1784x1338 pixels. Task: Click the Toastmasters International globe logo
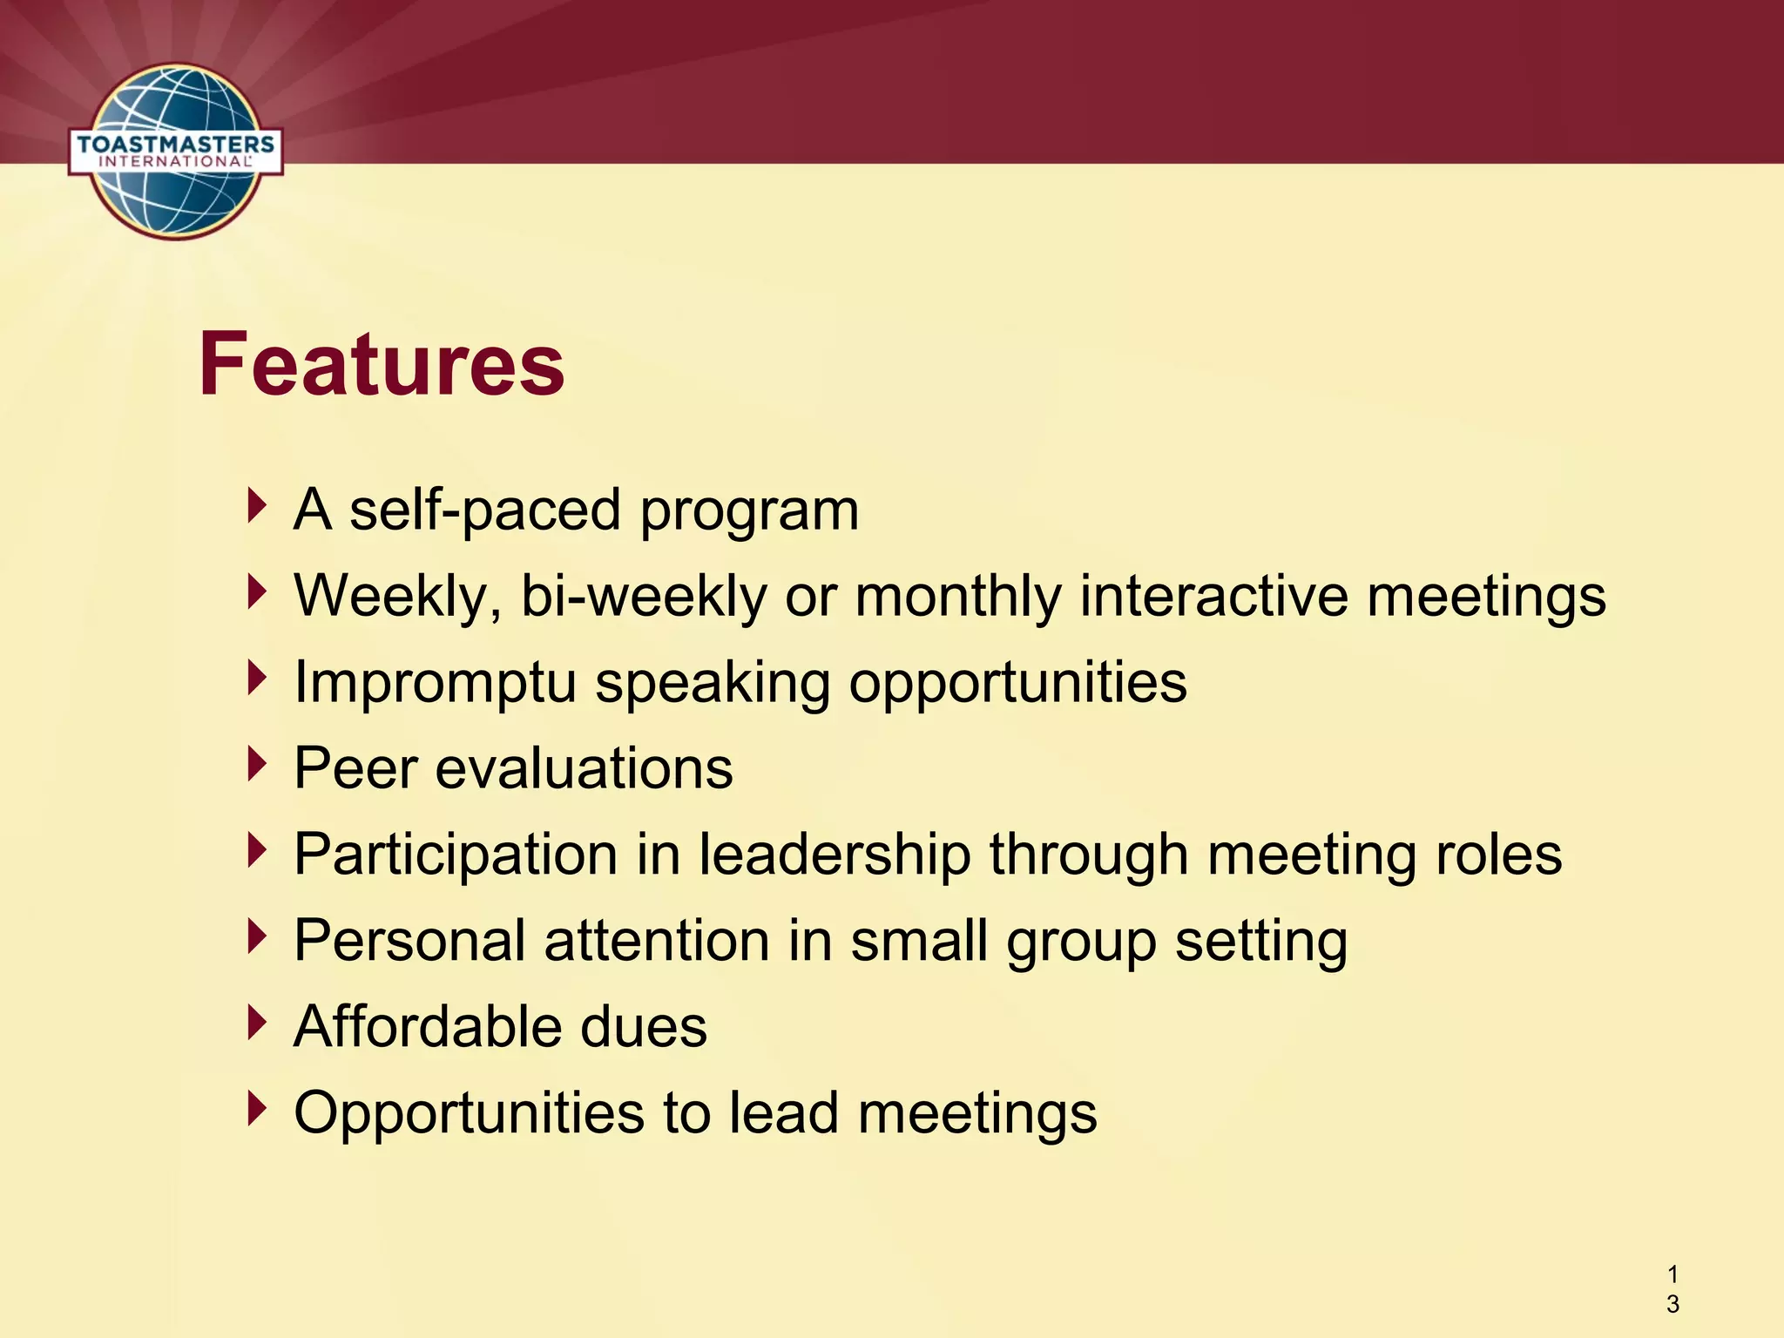[176, 152]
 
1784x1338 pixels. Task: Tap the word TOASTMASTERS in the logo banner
[176, 145]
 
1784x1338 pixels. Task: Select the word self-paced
[484, 510]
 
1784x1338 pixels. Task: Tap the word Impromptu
[436, 682]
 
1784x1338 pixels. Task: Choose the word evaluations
[584, 768]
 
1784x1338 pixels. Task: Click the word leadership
[835, 855]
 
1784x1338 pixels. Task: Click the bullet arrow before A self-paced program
[256, 505]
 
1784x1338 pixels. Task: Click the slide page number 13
[1672, 1289]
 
